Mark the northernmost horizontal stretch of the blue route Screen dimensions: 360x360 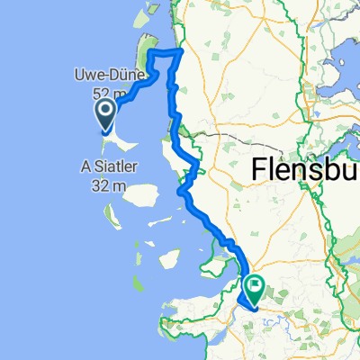click(166, 52)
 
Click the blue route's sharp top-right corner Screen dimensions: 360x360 click(183, 51)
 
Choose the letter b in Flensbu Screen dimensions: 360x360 click(333, 169)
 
